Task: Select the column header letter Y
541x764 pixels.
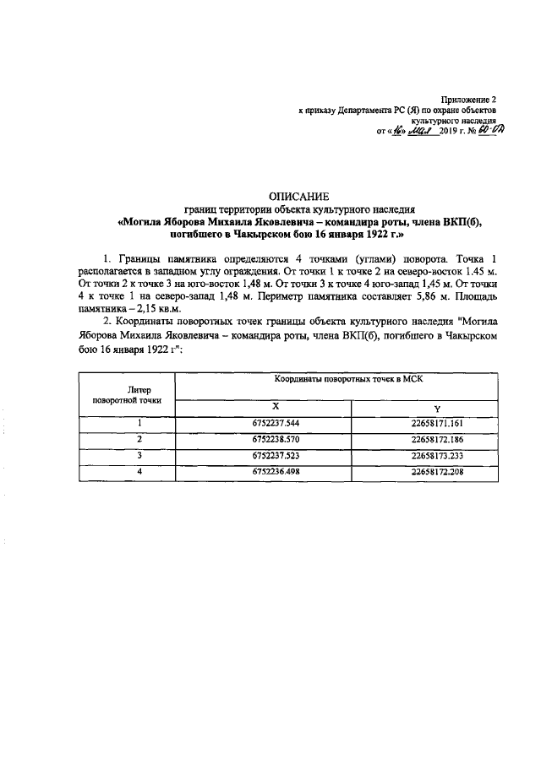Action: click(x=436, y=409)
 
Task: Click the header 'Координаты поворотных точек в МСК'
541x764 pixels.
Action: click(x=348, y=382)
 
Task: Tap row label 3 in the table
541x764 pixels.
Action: click(x=138, y=456)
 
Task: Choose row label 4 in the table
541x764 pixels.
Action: click(x=138, y=472)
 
